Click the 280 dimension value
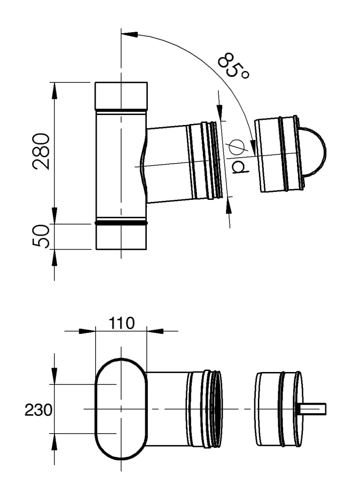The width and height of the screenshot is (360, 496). [42, 152]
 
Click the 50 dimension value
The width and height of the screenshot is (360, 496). [42, 236]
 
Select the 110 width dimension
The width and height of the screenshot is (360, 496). [121, 323]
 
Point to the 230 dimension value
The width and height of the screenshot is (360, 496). [38, 411]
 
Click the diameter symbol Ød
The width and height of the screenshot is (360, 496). [239, 157]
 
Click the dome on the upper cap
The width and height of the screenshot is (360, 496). [313, 151]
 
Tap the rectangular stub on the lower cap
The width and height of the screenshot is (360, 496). [312, 409]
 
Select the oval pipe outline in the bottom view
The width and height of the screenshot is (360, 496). [95, 409]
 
